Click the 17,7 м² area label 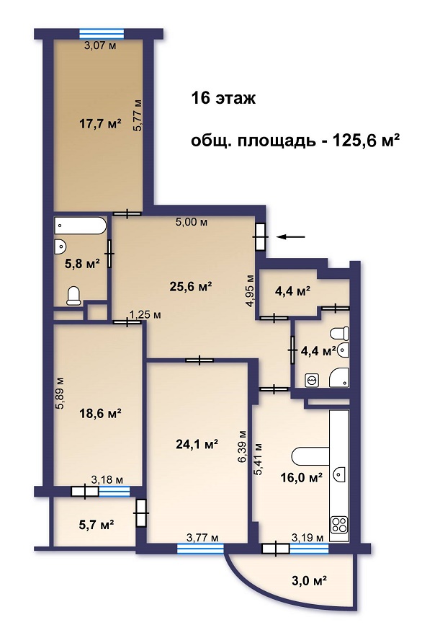pos(100,123)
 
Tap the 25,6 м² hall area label pos(191,286)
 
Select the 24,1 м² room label pos(197,444)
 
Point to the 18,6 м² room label pos(100,413)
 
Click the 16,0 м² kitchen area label pos(301,477)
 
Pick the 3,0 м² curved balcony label pos(310,581)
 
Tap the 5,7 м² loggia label pos(96,524)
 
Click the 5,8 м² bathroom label pos(83,263)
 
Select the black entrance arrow pos(292,236)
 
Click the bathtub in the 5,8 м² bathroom pos(81,226)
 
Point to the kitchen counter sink pos(341,474)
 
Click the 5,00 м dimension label pos(192,222)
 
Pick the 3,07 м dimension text pos(100,45)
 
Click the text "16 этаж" pos(224,99)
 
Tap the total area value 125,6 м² pos(366,141)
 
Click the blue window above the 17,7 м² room pos(102,33)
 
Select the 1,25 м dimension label pos(145,315)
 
